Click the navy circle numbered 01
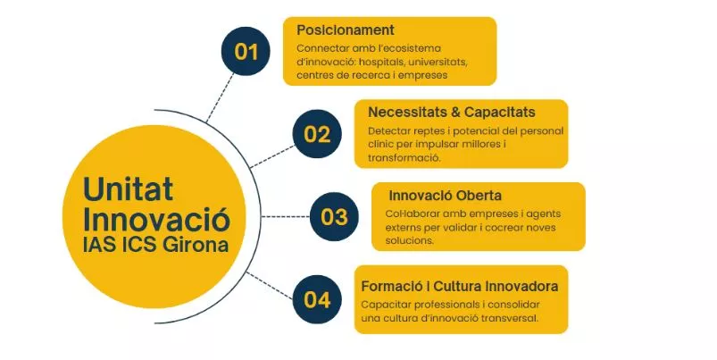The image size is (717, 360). (x=246, y=51)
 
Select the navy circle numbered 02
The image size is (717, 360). (x=317, y=134)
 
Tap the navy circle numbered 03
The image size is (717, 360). (x=334, y=216)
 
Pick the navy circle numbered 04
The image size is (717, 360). (x=317, y=299)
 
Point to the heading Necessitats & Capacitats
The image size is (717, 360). (x=451, y=113)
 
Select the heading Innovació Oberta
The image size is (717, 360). (x=445, y=195)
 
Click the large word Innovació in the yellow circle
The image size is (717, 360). (x=156, y=218)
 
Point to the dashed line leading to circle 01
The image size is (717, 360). (x=221, y=90)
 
